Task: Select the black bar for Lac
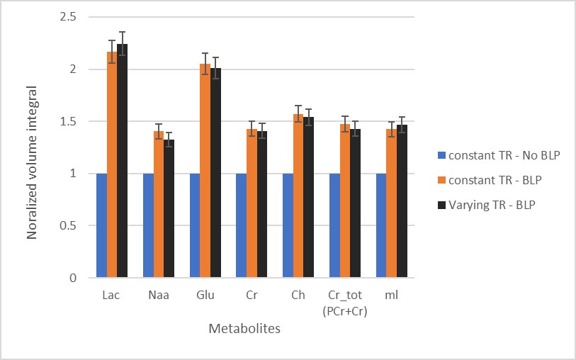[x=122, y=161]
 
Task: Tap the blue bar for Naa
[x=148, y=225]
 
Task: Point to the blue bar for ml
[x=380, y=225]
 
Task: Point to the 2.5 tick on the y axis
[x=69, y=17]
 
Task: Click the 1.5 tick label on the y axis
[x=69, y=121]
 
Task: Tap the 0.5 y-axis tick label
[x=69, y=226]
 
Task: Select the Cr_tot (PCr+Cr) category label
[x=344, y=301]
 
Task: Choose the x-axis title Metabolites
[x=244, y=329]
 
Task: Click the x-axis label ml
[x=391, y=296]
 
